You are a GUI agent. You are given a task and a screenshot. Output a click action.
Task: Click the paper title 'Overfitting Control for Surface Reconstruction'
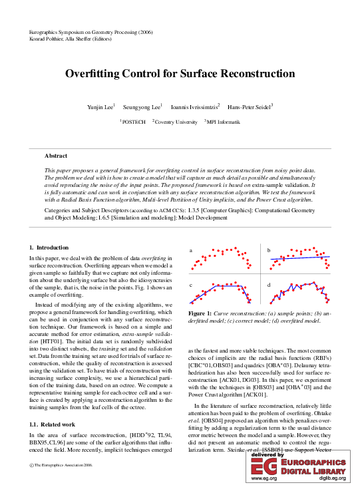(x=180, y=75)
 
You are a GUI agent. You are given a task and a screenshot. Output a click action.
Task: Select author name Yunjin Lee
(x=100, y=106)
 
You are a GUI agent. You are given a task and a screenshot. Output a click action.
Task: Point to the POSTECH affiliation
(x=134, y=122)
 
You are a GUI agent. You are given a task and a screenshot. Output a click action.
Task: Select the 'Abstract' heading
(x=56, y=156)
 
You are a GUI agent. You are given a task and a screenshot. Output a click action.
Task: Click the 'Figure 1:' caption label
(x=200, y=294)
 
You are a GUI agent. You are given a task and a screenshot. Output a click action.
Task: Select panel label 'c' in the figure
(x=191, y=267)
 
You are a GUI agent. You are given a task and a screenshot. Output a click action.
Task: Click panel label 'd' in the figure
(x=269, y=267)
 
